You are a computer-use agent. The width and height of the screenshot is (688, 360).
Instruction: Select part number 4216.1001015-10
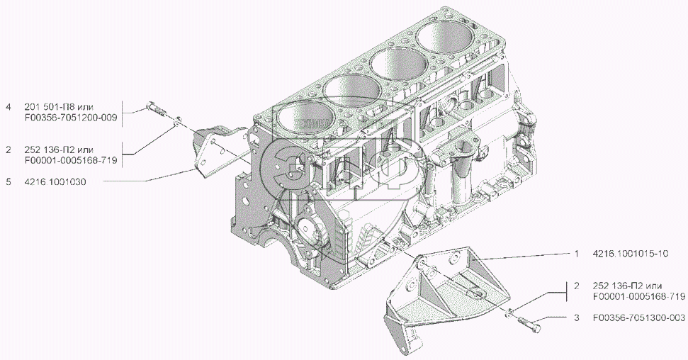pyautogui.click(x=631, y=254)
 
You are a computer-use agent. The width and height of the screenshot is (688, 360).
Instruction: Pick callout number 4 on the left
pyautogui.click(x=9, y=107)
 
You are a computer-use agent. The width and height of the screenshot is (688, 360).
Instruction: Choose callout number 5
pyautogui.click(x=9, y=181)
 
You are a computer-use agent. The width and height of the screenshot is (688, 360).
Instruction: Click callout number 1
pyautogui.click(x=577, y=254)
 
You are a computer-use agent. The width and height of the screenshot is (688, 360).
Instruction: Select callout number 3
pyautogui.click(x=577, y=318)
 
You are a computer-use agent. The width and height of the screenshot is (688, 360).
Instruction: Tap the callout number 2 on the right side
pyautogui.click(x=577, y=286)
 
